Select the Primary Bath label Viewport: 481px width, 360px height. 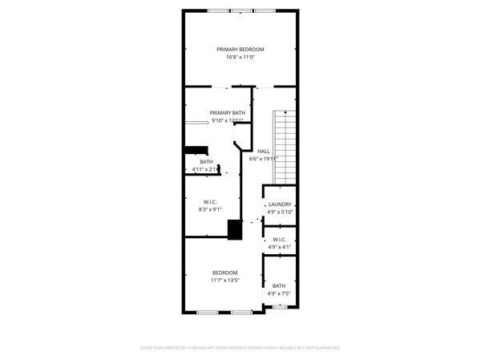click(x=228, y=113)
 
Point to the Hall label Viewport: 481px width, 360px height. click(x=263, y=151)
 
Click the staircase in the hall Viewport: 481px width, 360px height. click(x=285, y=144)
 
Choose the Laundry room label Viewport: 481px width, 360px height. click(x=280, y=204)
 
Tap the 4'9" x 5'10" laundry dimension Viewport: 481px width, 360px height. click(x=280, y=212)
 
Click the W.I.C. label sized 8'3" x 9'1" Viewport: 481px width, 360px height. click(x=210, y=202)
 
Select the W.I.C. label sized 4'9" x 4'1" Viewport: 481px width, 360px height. click(x=280, y=240)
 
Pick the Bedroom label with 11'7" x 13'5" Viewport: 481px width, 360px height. click(x=224, y=273)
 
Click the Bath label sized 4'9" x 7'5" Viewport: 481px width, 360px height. click(x=278, y=286)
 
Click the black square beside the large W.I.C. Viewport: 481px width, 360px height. click(x=235, y=229)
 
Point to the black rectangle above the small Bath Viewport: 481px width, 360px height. click(x=196, y=149)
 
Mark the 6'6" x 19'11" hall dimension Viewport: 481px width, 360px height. click(x=264, y=159)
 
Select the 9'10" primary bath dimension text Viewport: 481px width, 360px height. click(x=227, y=121)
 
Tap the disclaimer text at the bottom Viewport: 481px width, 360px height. click(x=240, y=348)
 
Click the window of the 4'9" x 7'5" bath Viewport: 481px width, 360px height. click(x=279, y=305)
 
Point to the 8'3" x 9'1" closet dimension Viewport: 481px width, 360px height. click(x=210, y=210)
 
